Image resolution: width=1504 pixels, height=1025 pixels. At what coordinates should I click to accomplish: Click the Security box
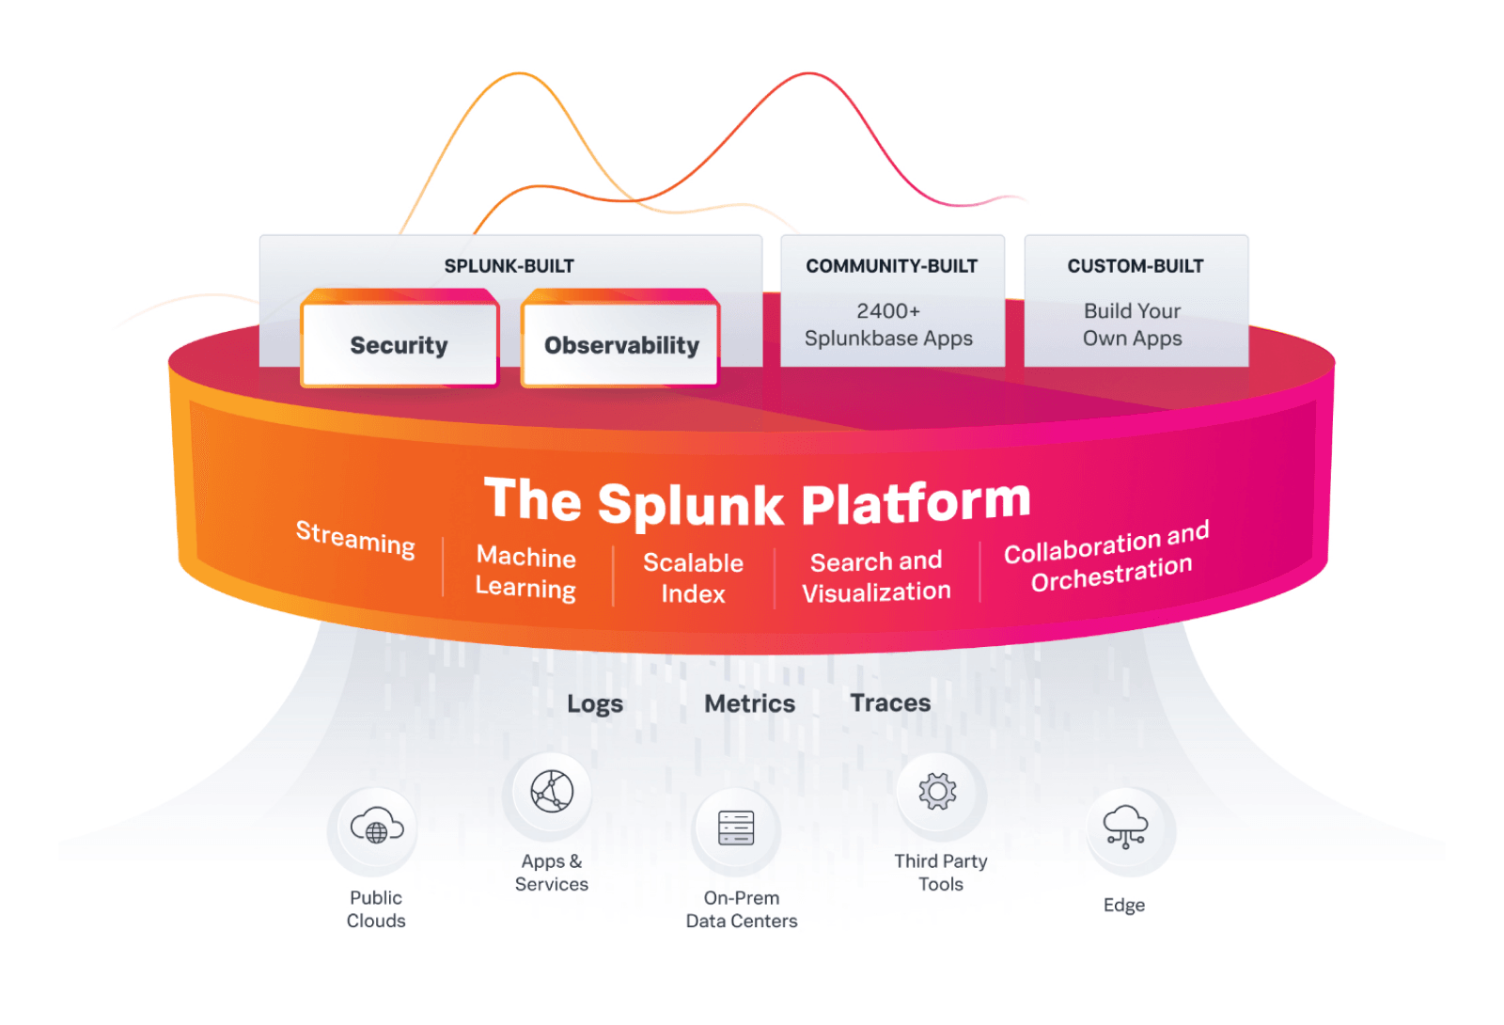(399, 345)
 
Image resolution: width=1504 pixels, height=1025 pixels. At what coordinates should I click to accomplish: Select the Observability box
(621, 345)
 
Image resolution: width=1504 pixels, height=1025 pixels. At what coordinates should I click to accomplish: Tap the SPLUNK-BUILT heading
(509, 266)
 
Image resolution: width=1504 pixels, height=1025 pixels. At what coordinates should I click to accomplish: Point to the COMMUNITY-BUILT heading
(891, 266)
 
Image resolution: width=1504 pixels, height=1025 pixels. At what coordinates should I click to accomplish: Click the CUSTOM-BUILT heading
(1135, 266)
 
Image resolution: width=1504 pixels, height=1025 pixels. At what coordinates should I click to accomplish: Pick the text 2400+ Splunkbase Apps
(888, 324)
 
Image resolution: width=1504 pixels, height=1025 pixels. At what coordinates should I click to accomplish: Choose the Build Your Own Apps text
(1132, 324)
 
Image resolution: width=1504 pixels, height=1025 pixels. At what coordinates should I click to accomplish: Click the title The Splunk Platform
(757, 500)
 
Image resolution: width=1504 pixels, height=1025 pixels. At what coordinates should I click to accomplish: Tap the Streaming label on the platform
(355, 538)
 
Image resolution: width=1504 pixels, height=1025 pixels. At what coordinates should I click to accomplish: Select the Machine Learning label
(525, 572)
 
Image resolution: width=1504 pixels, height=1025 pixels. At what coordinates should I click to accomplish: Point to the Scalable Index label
(693, 577)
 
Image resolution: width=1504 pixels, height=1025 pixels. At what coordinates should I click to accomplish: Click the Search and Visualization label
(876, 576)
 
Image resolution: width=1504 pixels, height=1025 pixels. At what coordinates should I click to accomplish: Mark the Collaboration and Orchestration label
(1107, 558)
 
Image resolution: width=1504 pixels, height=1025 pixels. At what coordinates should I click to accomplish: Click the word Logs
(594, 704)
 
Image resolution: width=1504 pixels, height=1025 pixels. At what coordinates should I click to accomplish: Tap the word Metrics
(749, 703)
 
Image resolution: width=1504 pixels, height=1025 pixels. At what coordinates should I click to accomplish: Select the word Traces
(890, 702)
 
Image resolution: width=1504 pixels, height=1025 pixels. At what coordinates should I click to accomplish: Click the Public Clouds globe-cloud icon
(376, 828)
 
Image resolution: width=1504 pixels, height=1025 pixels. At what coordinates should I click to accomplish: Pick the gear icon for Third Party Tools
(938, 791)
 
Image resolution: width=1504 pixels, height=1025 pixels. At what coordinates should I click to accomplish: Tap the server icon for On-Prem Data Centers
(736, 828)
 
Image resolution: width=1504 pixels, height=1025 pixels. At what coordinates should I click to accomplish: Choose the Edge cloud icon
(1125, 827)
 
